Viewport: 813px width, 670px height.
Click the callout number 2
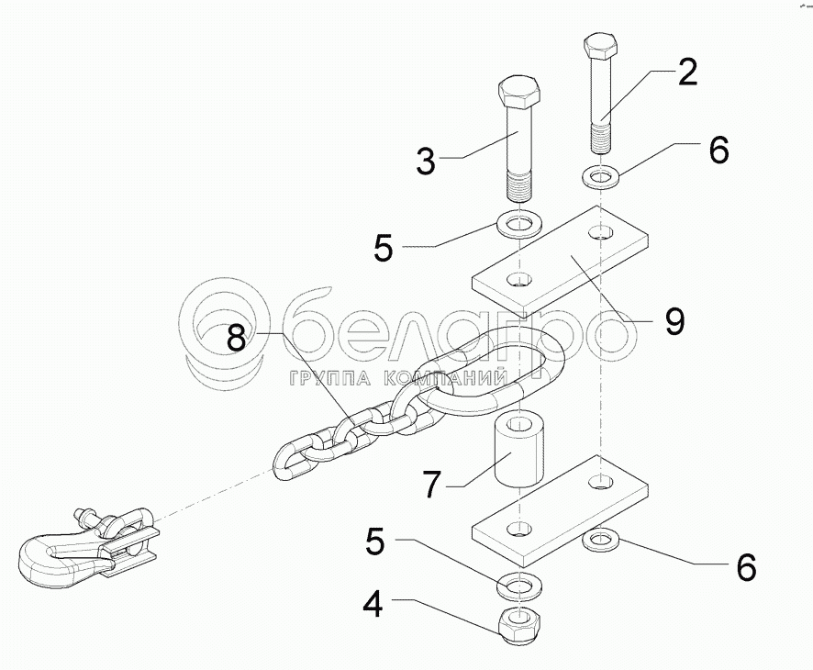click(x=687, y=72)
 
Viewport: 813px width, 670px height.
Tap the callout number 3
click(x=426, y=161)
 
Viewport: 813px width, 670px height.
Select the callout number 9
click(x=674, y=321)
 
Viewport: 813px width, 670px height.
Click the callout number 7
click(x=432, y=484)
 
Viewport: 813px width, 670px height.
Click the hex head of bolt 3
click(x=519, y=94)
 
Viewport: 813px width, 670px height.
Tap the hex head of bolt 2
click(x=600, y=47)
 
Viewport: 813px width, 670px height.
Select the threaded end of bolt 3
click(x=519, y=186)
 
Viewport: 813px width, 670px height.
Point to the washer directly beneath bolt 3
click(x=519, y=225)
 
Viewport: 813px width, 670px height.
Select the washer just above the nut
click(x=519, y=586)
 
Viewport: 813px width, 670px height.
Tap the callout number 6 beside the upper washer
click(x=718, y=150)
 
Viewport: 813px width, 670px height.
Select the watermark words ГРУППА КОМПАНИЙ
click(x=397, y=378)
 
